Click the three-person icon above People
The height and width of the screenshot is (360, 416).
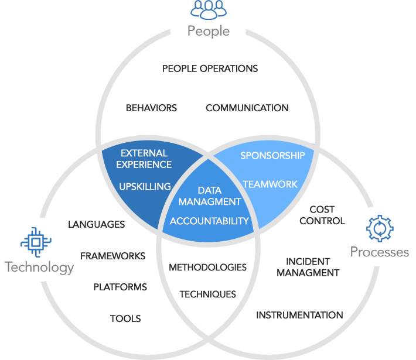(x=209, y=10)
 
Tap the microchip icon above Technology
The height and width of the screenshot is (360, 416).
(x=36, y=242)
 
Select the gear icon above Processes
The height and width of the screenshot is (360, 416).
(x=380, y=228)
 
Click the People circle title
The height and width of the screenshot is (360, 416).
(x=209, y=32)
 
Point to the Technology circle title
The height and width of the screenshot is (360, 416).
(x=39, y=267)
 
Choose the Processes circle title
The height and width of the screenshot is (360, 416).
(x=380, y=252)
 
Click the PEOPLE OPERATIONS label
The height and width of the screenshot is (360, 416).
(x=210, y=68)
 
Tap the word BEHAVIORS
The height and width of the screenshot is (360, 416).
(x=151, y=108)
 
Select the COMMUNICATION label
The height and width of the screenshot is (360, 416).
(x=247, y=108)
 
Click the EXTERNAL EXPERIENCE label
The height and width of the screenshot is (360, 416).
(x=144, y=159)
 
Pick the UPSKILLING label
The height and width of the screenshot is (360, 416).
(x=145, y=187)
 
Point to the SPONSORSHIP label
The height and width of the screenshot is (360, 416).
(x=272, y=156)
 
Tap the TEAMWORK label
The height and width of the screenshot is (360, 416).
(x=270, y=184)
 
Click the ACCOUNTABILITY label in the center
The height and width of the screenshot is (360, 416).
(x=209, y=221)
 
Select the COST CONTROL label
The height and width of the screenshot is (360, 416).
(x=322, y=215)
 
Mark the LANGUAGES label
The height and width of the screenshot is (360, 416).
(x=96, y=225)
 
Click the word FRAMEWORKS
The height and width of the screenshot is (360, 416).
(x=112, y=256)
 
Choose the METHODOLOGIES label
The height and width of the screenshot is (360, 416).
(x=208, y=268)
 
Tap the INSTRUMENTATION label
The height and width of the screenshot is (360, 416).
(x=299, y=315)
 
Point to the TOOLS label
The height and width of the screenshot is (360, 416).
(x=125, y=318)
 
